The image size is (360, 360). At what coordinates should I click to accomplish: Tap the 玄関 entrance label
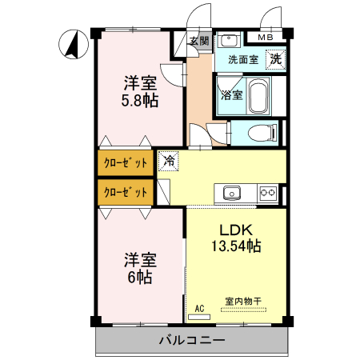pos(199,41)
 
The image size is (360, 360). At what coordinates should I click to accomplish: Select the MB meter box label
pos(263,37)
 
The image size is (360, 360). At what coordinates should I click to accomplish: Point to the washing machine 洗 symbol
pos(274,58)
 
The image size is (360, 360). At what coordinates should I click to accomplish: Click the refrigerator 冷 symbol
pos(168,161)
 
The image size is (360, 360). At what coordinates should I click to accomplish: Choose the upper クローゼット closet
pos(126,163)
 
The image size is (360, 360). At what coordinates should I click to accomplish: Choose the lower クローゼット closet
pos(126,192)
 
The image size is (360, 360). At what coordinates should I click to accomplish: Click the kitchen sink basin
pos(232,192)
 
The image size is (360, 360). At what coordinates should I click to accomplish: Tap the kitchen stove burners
pos(267,192)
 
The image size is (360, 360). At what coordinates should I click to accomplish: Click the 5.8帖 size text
pos(139,102)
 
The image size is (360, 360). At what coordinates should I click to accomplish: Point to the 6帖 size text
pos(139,278)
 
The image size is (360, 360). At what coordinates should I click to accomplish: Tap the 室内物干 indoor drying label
pos(244,301)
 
